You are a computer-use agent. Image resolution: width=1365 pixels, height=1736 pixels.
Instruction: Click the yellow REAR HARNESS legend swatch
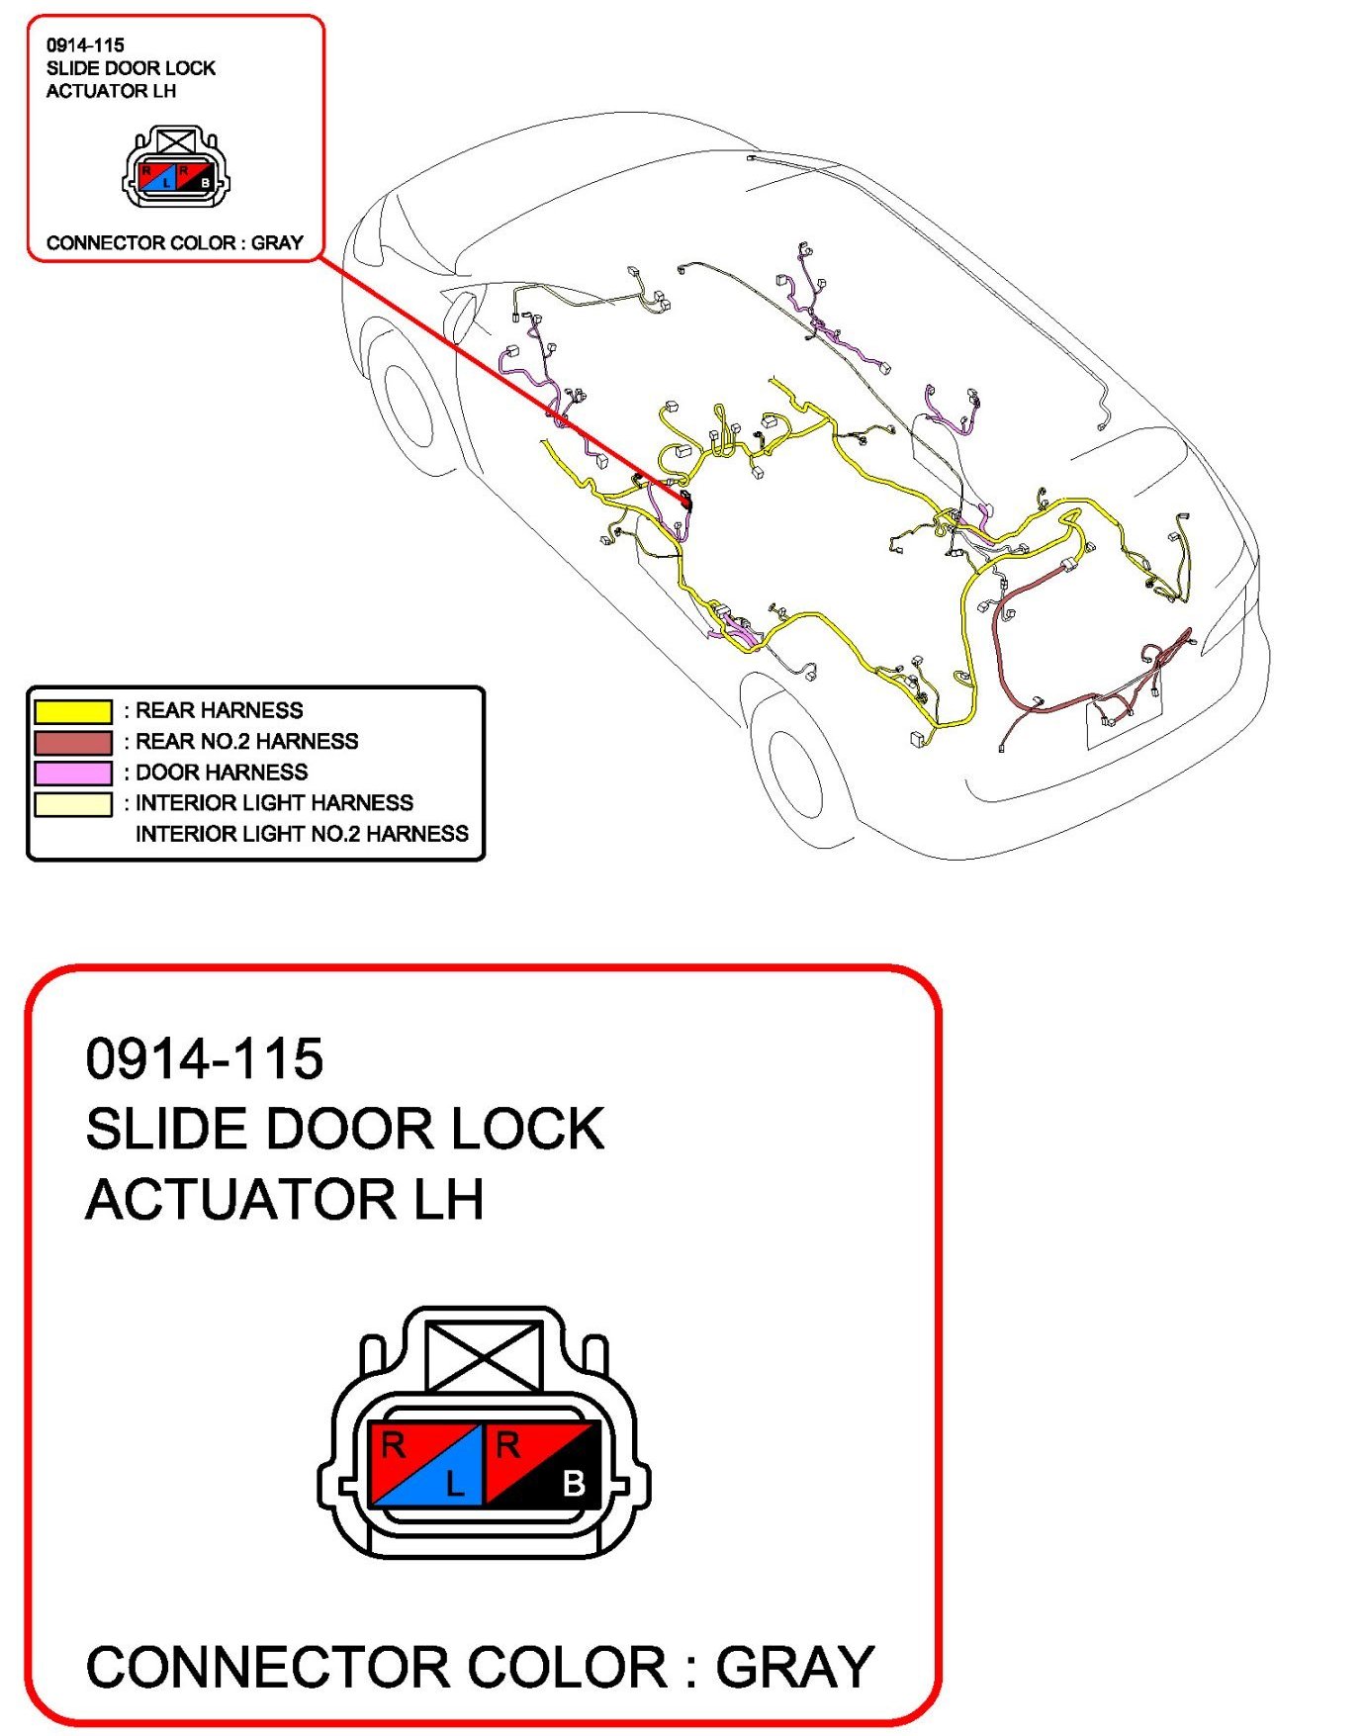pos(73,711)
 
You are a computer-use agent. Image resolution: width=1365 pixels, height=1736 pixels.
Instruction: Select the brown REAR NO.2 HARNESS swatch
pos(73,742)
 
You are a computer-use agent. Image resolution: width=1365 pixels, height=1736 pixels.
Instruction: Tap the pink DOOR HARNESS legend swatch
pos(73,773)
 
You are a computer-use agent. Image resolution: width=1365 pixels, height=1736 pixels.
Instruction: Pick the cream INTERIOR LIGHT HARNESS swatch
pos(73,803)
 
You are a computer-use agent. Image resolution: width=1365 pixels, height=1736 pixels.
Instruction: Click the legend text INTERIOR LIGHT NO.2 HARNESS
pos(302,834)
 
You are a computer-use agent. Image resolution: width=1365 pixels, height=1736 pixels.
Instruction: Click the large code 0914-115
pos(205,1058)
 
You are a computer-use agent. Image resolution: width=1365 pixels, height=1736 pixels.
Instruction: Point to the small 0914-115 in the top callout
pos(85,46)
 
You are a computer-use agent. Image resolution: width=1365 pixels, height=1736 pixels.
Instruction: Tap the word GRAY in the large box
pos(794,1668)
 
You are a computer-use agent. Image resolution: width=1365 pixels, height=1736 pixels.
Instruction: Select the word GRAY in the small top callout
pos(277,243)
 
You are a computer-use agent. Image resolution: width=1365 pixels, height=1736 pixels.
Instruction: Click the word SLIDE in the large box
pos(165,1129)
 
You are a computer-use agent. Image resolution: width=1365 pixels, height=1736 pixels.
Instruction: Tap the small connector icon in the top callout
pos(176,168)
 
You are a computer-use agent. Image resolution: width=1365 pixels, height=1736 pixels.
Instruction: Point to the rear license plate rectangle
pos(1124,717)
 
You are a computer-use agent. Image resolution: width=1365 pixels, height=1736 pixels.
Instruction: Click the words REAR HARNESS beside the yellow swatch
pos(219,710)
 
